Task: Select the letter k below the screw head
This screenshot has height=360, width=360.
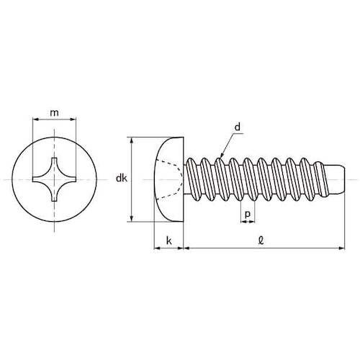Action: (168, 240)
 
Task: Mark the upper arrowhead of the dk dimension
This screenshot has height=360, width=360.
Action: (131, 140)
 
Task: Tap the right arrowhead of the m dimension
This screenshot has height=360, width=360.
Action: (76, 121)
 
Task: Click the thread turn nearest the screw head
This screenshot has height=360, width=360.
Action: (193, 178)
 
